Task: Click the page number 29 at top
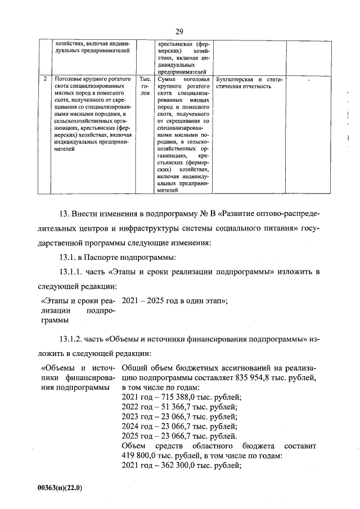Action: [179, 31]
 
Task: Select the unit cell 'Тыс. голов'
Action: [145, 87]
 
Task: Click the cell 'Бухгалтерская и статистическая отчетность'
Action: [248, 83]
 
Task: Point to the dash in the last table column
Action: [308, 80]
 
